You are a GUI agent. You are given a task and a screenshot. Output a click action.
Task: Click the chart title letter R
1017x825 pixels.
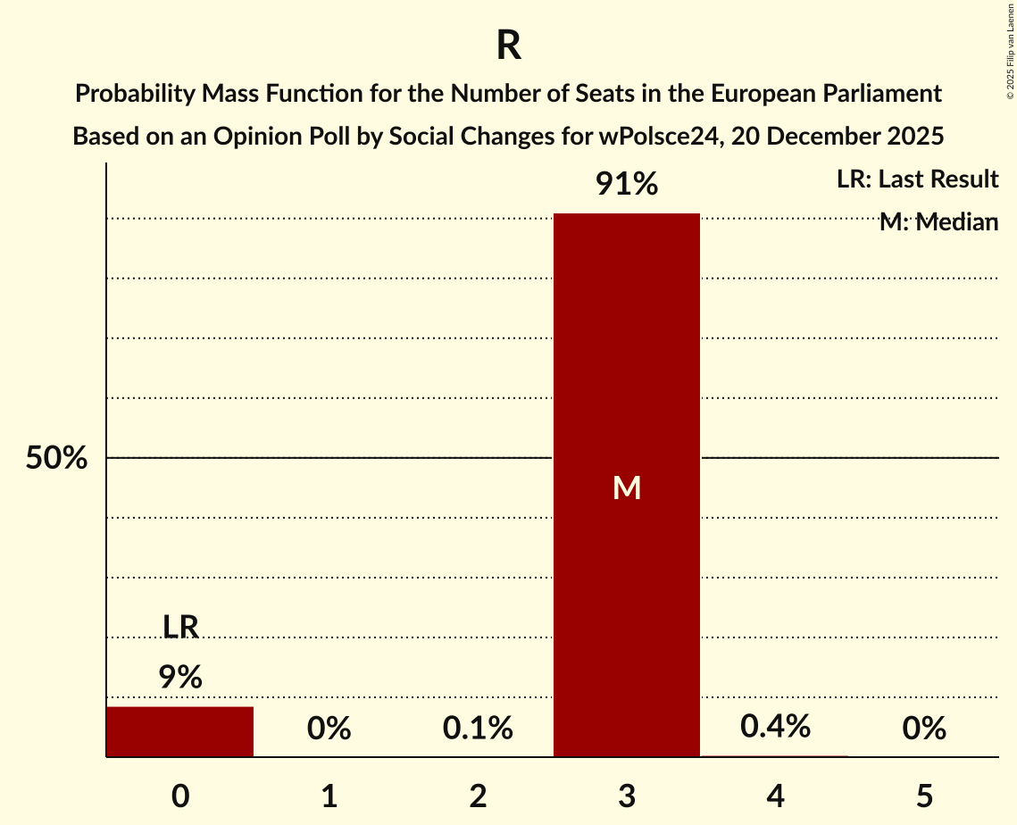point(508,46)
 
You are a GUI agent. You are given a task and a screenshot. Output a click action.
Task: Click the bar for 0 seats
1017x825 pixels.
point(180,731)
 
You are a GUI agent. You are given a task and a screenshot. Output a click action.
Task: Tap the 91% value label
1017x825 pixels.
point(627,185)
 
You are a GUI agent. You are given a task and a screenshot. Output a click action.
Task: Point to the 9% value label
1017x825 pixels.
point(180,678)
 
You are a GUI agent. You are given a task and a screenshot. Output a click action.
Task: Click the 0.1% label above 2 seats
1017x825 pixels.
point(478,729)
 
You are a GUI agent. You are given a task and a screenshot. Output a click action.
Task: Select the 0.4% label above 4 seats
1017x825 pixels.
point(775,727)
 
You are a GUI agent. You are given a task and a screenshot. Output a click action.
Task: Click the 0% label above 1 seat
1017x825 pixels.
point(329,729)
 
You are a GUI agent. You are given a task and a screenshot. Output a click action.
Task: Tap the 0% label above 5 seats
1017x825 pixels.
point(923,729)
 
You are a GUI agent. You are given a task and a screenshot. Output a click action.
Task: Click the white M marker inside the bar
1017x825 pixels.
point(627,487)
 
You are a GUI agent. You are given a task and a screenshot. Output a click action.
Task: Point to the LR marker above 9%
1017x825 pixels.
point(180,627)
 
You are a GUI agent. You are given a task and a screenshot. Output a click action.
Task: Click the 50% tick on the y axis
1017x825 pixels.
point(56,458)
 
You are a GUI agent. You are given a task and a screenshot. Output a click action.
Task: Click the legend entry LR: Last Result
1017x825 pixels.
point(917,179)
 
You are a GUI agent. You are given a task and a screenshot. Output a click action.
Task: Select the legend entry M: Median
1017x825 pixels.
point(938,221)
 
